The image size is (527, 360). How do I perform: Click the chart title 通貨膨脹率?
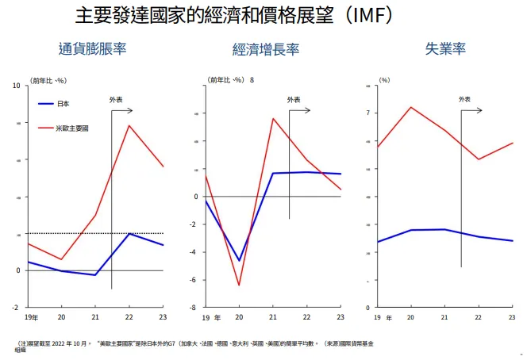pyautogui.click(x=92, y=48)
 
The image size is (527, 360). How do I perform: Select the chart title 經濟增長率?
pyautogui.click(x=266, y=49)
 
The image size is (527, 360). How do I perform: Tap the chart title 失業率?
pyautogui.click(x=444, y=48)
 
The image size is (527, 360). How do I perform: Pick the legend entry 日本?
pyautogui.click(x=64, y=103)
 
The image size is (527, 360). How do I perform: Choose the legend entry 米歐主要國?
pyautogui.click(x=72, y=128)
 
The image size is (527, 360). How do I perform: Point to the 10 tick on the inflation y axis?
pyautogui.click(x=17, y=86)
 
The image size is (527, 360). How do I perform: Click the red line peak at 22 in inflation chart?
pyautogui.click(x=129, y=125)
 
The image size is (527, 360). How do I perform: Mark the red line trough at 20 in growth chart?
pyautogui.click(x=239, y=285)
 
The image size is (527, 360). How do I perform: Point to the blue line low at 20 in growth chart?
pyautogui.click(x=239, y=260)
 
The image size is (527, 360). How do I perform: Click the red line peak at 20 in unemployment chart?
pyautogui.click(x=411, y=107)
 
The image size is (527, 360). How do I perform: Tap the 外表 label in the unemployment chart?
pyautogui.click(x=464, y=99)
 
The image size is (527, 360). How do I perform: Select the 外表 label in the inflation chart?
pyautogui.click(x=115, y=99)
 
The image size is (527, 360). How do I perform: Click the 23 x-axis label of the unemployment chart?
pyautogui.click(x=512, y=317)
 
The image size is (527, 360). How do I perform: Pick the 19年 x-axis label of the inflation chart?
pyautogui.click(x=29, y=317)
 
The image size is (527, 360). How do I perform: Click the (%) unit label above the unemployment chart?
pyautogui.click(x=384, y=80)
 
